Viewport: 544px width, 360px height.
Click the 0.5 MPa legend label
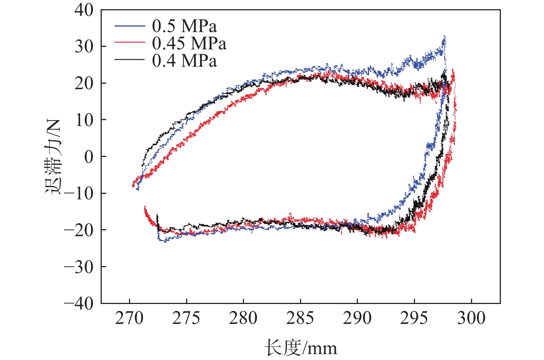coord(184,26)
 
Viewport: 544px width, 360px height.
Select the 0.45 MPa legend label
coord(189,43)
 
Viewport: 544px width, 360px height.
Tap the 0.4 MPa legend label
coord(184,60)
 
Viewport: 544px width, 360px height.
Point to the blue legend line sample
coord(129,26)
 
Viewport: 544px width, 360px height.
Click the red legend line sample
coord(129,43)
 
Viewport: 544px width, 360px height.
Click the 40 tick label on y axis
coord(84,10)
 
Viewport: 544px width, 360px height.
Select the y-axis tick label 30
coord(84,46)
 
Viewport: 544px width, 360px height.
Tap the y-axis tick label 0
coord(89,157)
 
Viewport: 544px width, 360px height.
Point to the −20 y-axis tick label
coord(79,230)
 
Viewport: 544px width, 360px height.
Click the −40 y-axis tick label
coord(79,303)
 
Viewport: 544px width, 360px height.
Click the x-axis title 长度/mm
coord(300,348)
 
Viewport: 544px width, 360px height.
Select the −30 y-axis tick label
coord(79,267)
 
